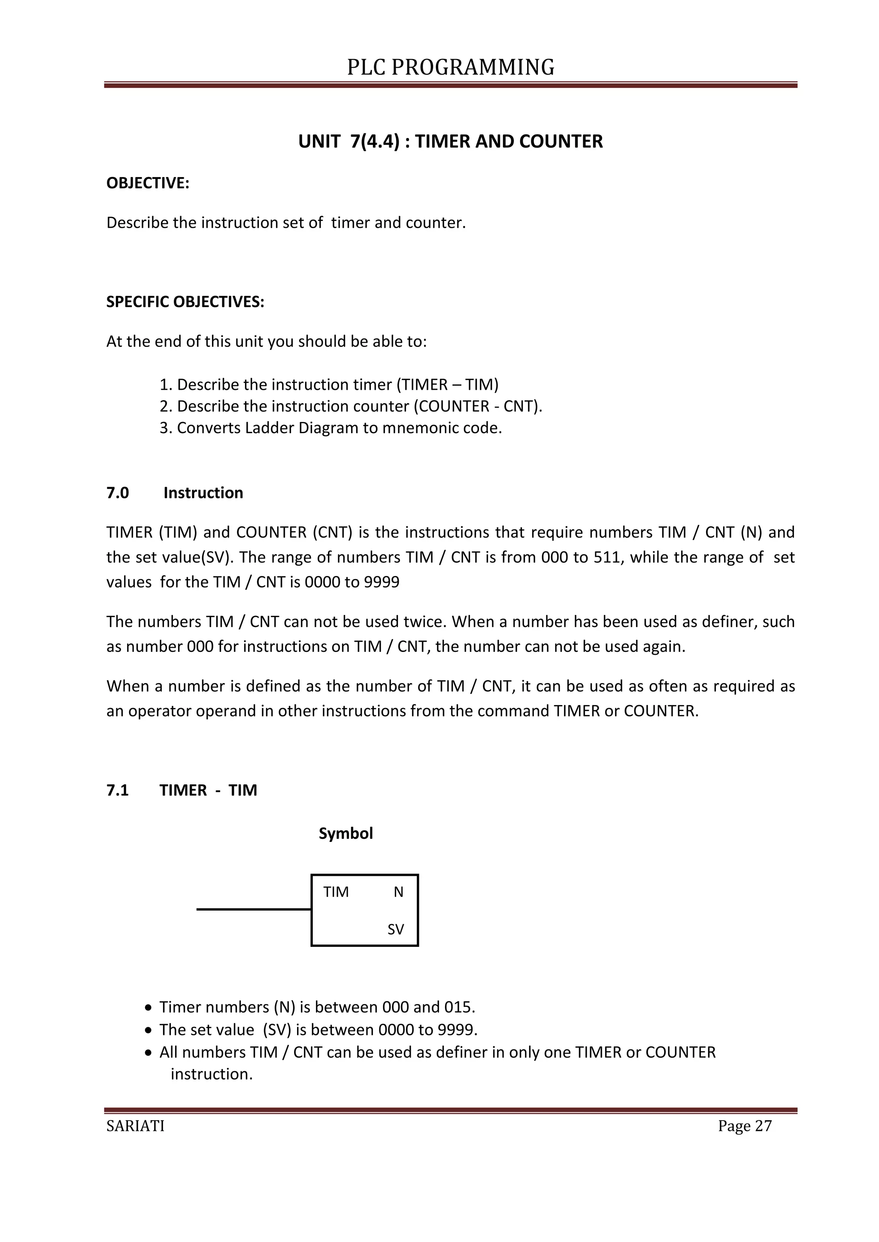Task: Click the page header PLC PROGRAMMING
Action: click(x=450, y=67)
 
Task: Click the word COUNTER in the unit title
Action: click(x=561, y=141)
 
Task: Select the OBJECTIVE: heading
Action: click(x=148, y=184)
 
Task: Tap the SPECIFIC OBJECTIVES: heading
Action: click(x=185, y=302)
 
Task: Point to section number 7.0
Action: click(x=118, y=493)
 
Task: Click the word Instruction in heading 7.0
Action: click(x=203, y=493)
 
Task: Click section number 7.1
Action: click(x=118, y=790)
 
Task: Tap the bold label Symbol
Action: click(x=346, y=834)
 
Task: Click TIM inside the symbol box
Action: click(x=336, y=892)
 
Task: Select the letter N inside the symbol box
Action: click(x=398, y=892)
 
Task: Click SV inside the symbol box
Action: click(x=396, y=929)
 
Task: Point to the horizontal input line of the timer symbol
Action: click(x=253, y=909)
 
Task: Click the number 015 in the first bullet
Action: click(x=458, y=1007)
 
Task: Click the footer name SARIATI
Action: click(x=135, y=1126)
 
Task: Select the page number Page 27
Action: click(x=744, y=1126)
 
